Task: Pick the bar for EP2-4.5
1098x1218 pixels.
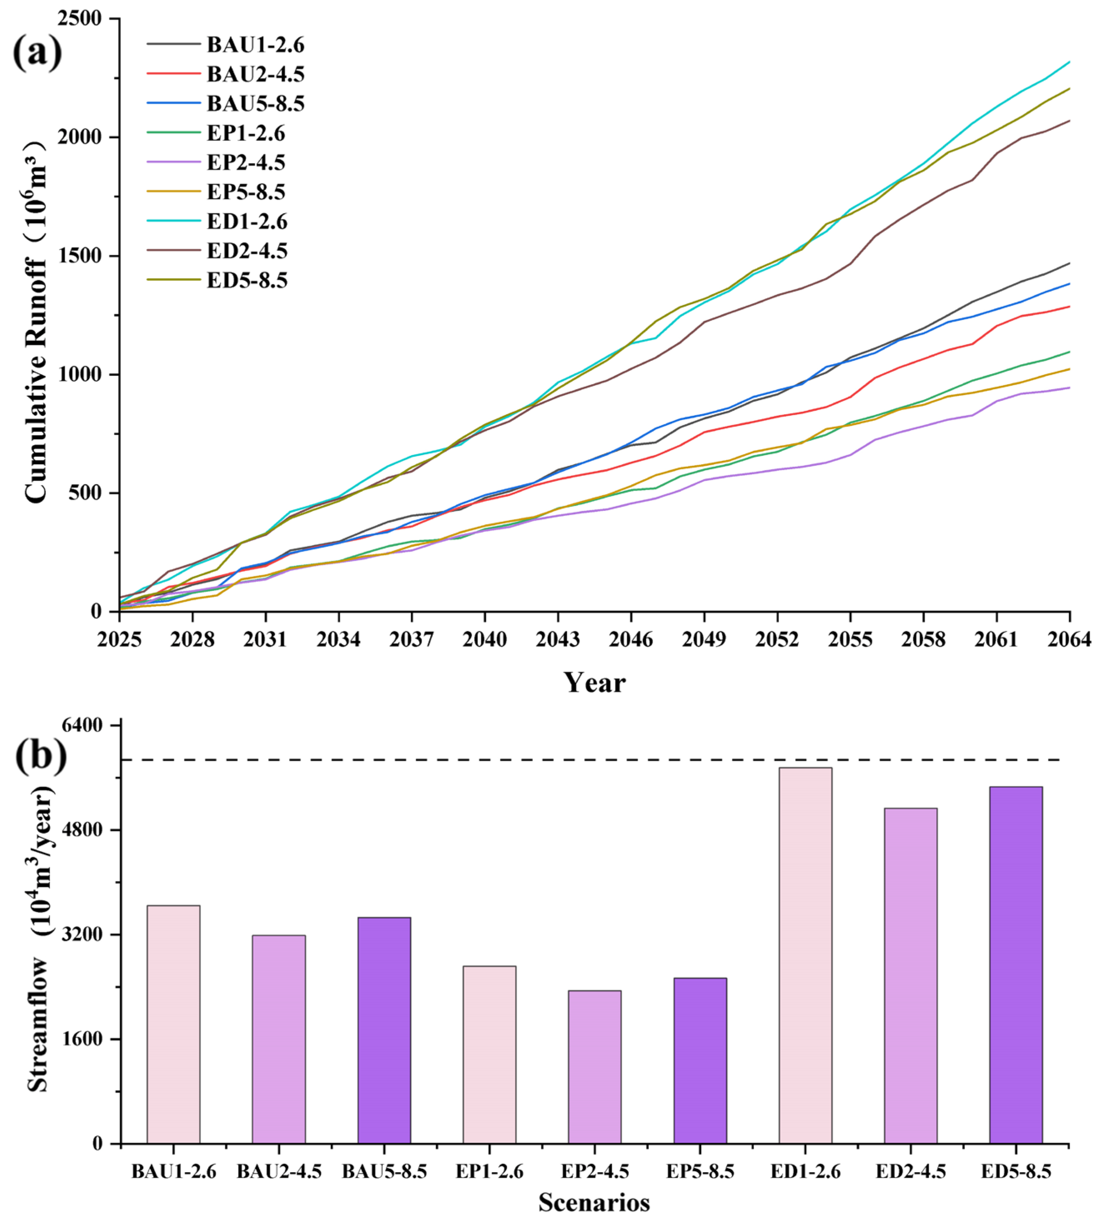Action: [594, 1067]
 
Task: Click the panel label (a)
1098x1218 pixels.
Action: [38, 53]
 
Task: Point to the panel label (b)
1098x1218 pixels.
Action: [40, 755]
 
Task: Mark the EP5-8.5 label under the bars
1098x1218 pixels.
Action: [700, 1172]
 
